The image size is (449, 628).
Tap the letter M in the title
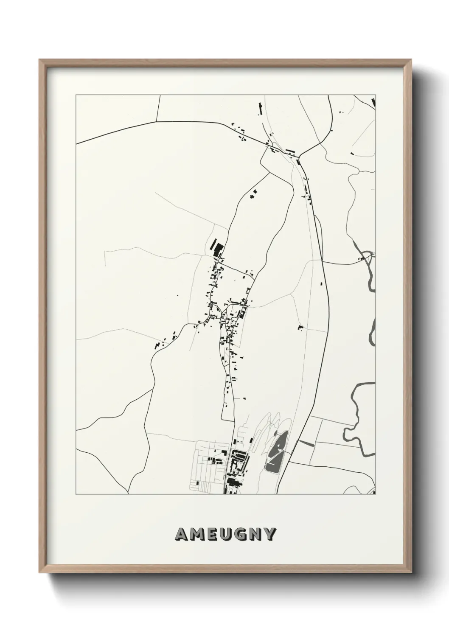pos(197,535)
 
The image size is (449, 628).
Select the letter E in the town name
pos(213,535)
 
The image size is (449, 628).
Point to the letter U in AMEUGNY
pos(227,535)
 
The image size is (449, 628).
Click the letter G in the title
pos(242,535)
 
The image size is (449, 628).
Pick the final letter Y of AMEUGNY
pos(271,535)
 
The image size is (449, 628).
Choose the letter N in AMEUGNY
pos(256,535)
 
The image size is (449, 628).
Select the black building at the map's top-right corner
pos(373,102)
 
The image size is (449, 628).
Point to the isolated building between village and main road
pos(300,327)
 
